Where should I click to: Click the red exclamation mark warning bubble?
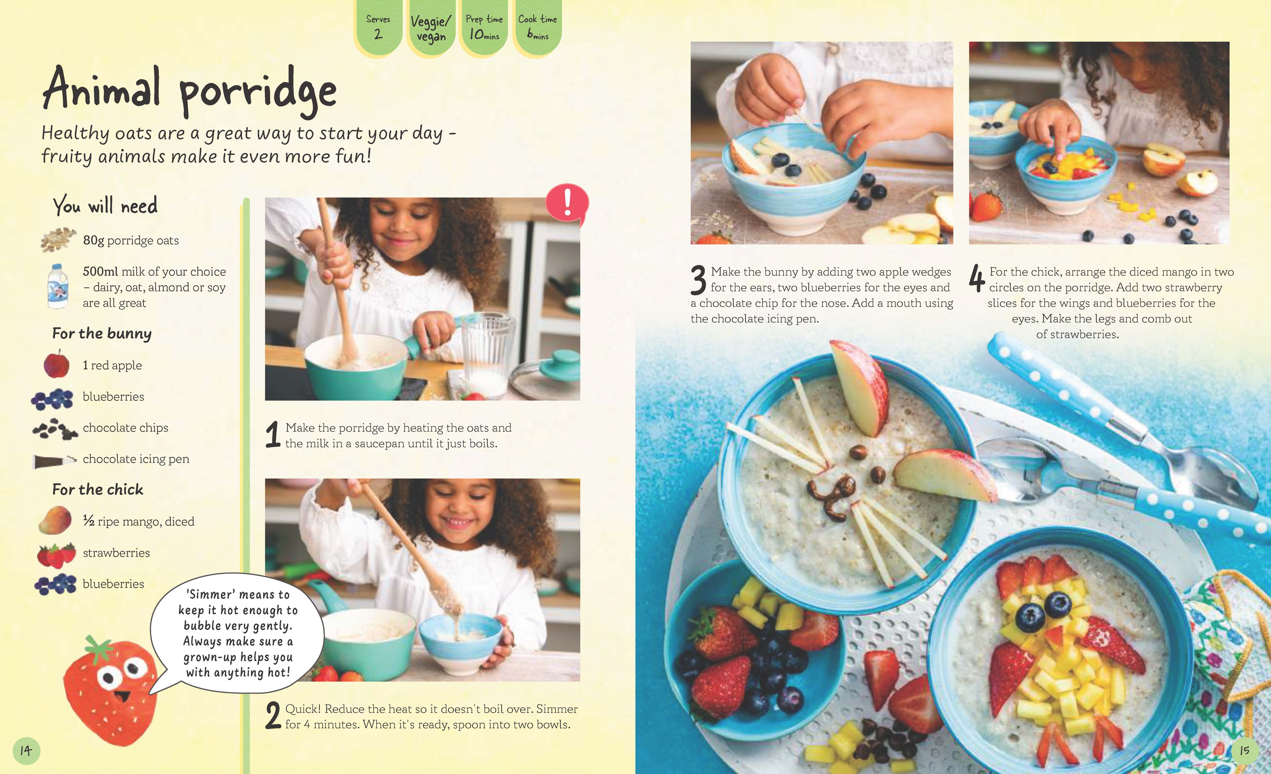pyautogui.click(x=567, y=203)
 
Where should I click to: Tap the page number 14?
pyautogui.click(x=26, y=751)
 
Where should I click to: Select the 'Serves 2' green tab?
pyautogui.click(x=378, y=27)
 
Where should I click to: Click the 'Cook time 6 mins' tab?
pyautogui.click(x=537, y=27)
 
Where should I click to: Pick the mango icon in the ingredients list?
pyautogui.click(x=55, y=520)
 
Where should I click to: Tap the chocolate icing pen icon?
pyautogui.click(x=54, y=460)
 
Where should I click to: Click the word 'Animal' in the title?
pyautogui.click(x=102, y=89)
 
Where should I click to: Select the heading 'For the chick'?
pyautogui.click(x=98, y=489)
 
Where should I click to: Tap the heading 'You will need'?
pyautogui.click(x=105, y=205)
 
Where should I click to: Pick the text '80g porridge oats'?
pyautogui.click(x=131, y=241)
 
